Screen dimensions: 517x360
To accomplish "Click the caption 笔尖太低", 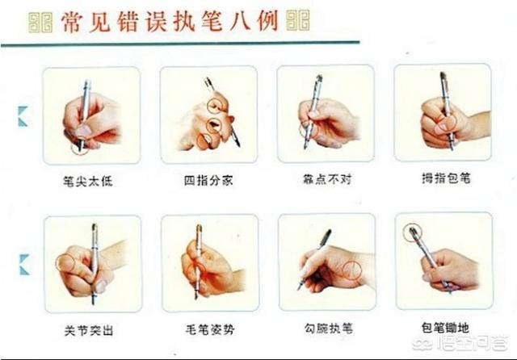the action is pos(88,181).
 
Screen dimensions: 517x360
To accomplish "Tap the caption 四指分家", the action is pos(208,180).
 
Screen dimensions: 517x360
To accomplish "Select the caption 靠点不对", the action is pos(327,179).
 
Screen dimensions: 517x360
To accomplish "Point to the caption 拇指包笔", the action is pos(446,178).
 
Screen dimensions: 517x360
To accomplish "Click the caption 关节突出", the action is pos(89,330).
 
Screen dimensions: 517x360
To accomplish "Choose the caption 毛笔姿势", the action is pos(210,329).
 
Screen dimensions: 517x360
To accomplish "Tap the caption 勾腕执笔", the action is pos(329,328).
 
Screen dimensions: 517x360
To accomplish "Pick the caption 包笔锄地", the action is pos(445,328).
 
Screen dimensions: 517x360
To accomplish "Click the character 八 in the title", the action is pos(241,22).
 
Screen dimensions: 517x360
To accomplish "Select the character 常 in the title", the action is pos(72,23).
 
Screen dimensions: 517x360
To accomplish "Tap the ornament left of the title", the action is pos(40,23).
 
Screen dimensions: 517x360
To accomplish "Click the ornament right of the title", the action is pos(298,20).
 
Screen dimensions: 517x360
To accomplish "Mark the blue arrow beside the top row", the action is pos(23,116).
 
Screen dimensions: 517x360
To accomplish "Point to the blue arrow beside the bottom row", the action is pos(25,265).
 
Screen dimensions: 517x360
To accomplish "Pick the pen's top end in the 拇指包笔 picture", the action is pos(443,74).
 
